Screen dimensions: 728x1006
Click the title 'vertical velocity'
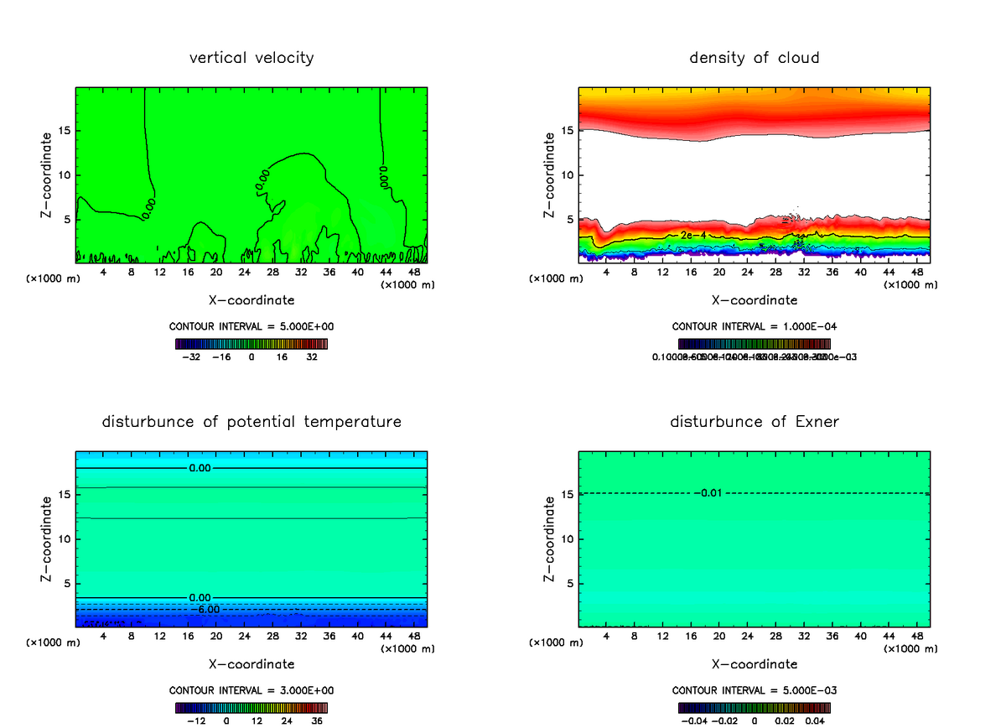251,58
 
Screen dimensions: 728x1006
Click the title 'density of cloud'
754,58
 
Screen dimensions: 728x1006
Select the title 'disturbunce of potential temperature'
251,422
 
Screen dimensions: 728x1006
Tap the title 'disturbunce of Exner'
754,422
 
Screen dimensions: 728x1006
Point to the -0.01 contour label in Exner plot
708,492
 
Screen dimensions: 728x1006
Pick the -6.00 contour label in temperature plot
205,609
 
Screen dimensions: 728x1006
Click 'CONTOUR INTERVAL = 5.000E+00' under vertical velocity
251,326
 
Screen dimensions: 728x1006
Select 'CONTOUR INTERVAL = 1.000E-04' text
754,326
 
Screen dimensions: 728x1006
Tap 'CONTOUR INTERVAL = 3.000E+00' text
251,690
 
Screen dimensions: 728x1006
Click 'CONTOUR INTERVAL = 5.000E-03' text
754,690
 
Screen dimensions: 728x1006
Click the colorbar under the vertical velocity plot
251,343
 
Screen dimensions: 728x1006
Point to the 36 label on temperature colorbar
318,720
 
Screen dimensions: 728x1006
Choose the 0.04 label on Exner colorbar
816,720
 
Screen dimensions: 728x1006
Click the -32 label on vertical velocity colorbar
191,356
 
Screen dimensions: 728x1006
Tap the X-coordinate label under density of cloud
754,300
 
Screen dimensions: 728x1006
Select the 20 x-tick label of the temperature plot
216,636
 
